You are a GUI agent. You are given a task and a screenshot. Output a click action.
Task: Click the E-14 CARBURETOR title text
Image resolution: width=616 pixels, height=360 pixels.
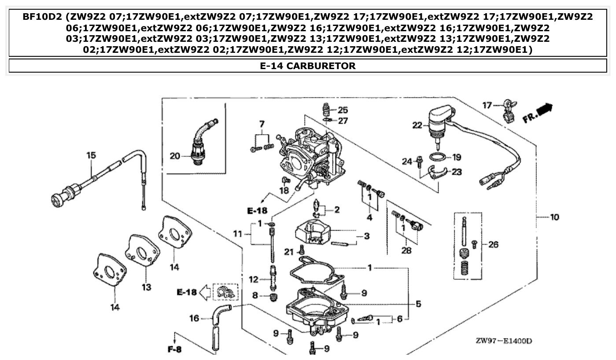308,66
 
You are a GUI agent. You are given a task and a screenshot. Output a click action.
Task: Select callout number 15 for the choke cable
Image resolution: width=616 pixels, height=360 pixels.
91,155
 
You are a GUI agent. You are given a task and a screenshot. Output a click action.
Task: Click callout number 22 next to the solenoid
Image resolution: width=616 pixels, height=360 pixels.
417,125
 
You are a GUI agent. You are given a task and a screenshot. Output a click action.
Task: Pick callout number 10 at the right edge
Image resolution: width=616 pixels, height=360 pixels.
554,217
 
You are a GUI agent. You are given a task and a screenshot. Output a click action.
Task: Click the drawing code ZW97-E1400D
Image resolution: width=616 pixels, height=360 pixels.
504,341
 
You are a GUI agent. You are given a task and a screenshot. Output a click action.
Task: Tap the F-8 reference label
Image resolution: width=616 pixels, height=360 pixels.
174,350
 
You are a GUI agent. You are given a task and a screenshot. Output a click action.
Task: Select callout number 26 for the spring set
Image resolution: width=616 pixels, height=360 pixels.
493,244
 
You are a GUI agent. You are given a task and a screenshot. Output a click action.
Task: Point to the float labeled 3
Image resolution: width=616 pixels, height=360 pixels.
314,233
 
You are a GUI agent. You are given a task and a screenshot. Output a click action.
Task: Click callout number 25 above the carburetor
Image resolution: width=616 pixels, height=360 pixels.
343,110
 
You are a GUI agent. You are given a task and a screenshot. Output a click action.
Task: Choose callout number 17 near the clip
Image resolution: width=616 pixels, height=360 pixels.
487,105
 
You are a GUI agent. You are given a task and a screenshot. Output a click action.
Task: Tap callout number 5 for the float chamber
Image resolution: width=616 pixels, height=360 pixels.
418,303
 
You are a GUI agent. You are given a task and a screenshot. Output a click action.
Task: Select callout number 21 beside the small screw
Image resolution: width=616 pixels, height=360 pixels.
288,252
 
